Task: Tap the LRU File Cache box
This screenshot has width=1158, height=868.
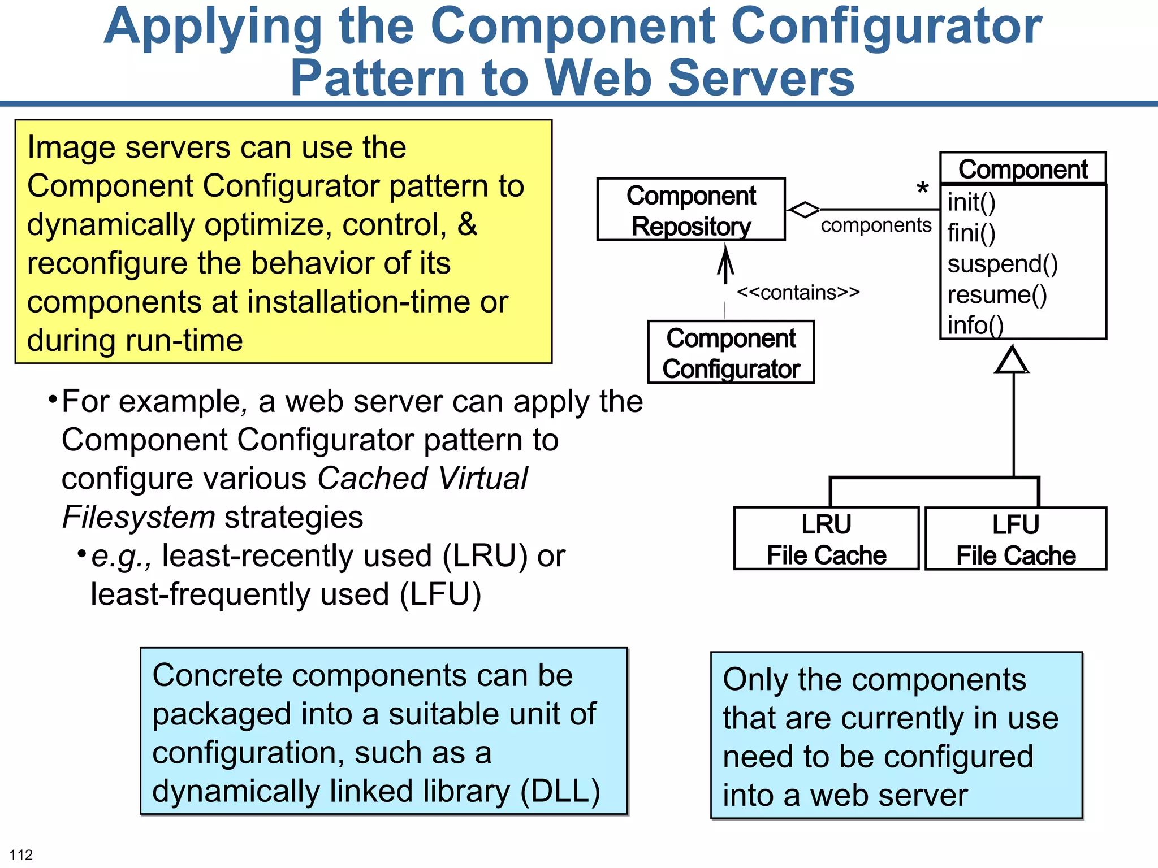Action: point(826,539)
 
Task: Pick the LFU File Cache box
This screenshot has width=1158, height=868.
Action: point(1016,539)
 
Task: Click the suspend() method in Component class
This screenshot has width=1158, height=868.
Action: point(1002,264)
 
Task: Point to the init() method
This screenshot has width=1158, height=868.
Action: point(971,202)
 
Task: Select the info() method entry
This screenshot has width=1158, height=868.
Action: point(975,325)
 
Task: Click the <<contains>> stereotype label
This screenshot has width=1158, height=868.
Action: point(798,293)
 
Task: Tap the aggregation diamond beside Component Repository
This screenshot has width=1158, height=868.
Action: point(804,210)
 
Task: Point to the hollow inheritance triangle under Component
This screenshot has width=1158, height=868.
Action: point(1012,361)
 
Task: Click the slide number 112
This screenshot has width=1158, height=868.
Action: point(21,854)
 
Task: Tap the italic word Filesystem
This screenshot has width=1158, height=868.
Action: point(139,517)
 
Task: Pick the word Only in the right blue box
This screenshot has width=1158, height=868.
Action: point(755,680)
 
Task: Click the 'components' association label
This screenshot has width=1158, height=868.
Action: point(875,225)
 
